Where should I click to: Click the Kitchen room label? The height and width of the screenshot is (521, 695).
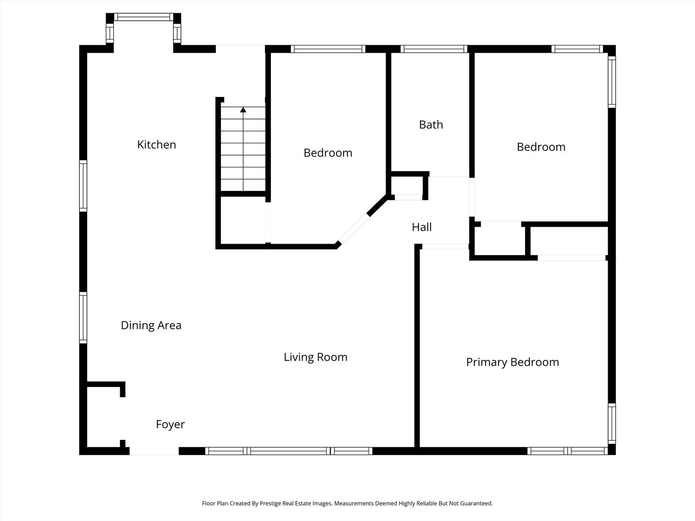tap(156, 145)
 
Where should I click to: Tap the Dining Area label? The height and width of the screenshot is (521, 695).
tap(151, 325)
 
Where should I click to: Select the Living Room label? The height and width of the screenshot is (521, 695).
tap(315, 357)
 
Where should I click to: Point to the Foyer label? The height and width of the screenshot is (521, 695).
tap(170, 424)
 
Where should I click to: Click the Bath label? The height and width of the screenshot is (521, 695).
tap(431, 124)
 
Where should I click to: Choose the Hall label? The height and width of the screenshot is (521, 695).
tap(422, 227)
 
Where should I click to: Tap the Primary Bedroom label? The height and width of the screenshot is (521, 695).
tap(512, 362)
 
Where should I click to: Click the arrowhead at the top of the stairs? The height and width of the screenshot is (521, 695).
tap(243, 110)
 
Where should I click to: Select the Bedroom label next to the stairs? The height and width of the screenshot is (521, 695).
tap(328, 153)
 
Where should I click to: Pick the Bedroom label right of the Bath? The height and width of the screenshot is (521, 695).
tap(541, 147)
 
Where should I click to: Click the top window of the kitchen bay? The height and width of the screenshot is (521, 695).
tap(144, 17)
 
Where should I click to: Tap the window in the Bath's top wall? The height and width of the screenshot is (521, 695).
tap(434, 49)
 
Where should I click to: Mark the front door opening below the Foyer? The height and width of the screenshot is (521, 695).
tap(154, 451)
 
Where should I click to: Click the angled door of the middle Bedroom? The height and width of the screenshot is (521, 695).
tap(354, 228)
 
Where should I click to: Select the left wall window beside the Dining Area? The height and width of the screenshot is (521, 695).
tap(83, 317)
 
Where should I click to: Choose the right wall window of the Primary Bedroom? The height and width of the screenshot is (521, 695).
tap(612, 424)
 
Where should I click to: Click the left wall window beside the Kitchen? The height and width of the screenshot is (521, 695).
tap(83, 186)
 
